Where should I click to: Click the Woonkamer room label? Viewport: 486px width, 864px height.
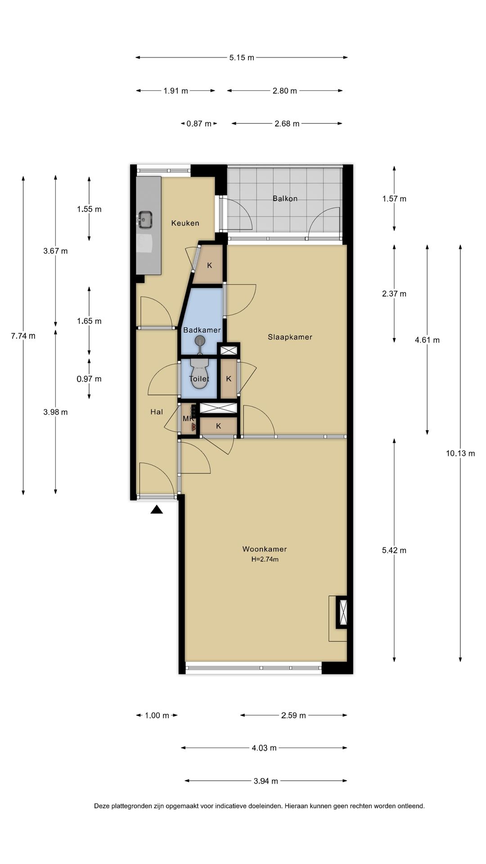(x=264, y=549)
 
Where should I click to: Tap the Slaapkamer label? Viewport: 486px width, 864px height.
(x=290, y=337)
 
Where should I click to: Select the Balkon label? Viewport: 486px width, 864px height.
(x=285, y=198)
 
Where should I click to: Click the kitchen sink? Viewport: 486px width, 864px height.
(x=145, y=220)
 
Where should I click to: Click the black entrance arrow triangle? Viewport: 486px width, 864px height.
(x=157, y=509)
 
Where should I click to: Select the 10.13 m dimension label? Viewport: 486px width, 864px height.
(x=460, y=454)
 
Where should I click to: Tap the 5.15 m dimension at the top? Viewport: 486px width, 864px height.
(x=242, y=58)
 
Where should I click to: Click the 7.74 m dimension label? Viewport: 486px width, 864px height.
(x=23, y=336)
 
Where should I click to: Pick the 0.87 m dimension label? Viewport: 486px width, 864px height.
(x=199, y=124)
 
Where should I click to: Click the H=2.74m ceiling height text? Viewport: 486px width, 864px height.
(x=265, y=560)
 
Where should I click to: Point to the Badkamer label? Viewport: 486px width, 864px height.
(x=202, y=330)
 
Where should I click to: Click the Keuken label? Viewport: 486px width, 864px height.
(x=185, y=223)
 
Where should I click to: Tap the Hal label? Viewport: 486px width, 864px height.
(x=157, y=412)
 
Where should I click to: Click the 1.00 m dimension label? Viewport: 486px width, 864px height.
(x=157, y=715)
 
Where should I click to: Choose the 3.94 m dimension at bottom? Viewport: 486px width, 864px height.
(x=265, y=781)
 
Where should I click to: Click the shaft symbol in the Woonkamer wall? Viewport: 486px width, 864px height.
(x=342, y=612)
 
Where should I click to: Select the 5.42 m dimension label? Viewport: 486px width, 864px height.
(x=394, y=550)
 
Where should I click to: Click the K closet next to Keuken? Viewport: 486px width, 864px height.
(x=209, y=265)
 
